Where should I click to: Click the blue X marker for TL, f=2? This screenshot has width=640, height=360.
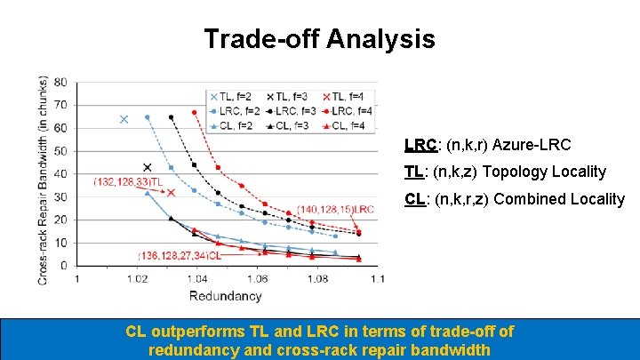tap(124, 119)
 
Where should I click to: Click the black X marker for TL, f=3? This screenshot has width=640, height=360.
tap(148, 167)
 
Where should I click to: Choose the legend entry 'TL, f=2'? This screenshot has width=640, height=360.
tap(233, 96)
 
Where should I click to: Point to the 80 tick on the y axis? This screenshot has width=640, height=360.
tap(60, 82)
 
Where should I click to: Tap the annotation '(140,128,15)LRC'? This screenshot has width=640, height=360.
tap(336, 209)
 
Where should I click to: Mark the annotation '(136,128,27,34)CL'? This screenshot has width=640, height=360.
tap(179, 255)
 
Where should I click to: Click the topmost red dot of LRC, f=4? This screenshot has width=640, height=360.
tap(195, 113)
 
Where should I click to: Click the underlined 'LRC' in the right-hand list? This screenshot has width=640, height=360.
tap(420, 144)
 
